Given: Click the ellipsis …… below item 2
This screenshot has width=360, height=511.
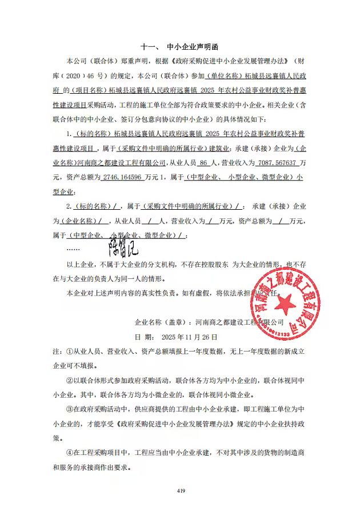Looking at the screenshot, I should tap(73, 250).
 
